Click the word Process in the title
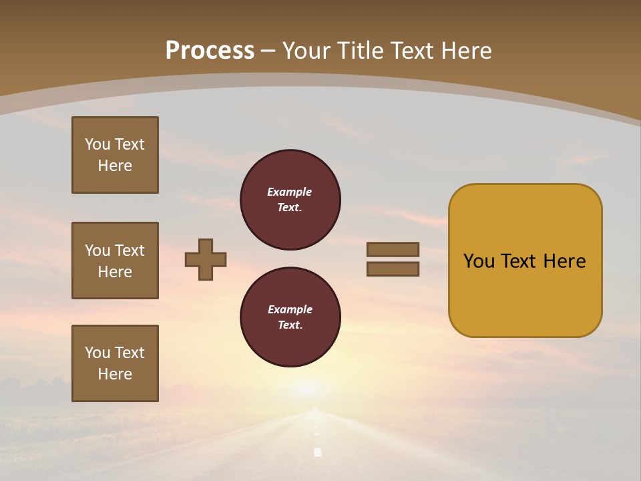210,51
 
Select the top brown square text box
115,155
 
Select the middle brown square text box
115,261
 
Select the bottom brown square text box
115,363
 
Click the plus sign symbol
206,259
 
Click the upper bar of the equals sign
393,249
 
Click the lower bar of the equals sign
393,269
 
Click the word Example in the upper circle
290,192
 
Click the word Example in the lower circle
290,309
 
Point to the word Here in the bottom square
115,374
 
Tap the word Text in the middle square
130,251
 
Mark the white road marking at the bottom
318,452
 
